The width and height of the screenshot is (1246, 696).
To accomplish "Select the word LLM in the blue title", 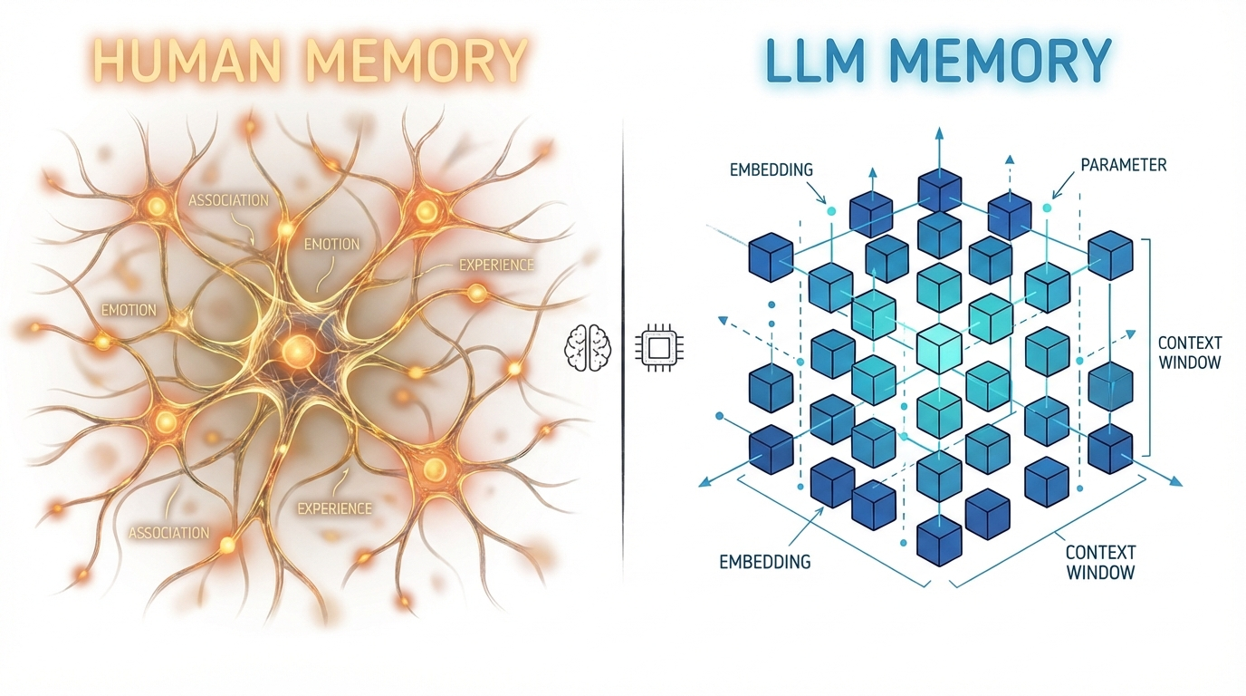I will [x=811, y=61].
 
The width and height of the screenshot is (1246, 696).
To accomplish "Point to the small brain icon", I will [x=588, y=347].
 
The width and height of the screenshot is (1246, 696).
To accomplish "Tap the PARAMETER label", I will [x=1123, y=165].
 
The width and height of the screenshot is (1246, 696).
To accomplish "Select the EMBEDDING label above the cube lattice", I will [x=771, y=169].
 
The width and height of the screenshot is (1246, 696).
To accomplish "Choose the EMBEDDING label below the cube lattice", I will [x=765, y=562].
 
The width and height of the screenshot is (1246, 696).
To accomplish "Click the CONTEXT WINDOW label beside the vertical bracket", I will [x=1190, y=353].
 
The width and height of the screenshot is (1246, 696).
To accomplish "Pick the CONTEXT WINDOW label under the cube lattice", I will [x=1100, y=562].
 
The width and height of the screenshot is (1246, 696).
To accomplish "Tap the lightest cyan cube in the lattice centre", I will [x=939, y=348].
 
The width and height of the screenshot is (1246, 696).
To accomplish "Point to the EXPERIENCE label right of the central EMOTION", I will [x=496, y=266].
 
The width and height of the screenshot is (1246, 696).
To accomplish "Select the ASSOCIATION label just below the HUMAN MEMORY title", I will [x=228, y=199].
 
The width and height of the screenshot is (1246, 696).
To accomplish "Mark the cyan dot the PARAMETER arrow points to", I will [x=1048, y=208].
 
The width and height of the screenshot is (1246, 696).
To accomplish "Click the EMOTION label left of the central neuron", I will [x=129, y=310].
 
